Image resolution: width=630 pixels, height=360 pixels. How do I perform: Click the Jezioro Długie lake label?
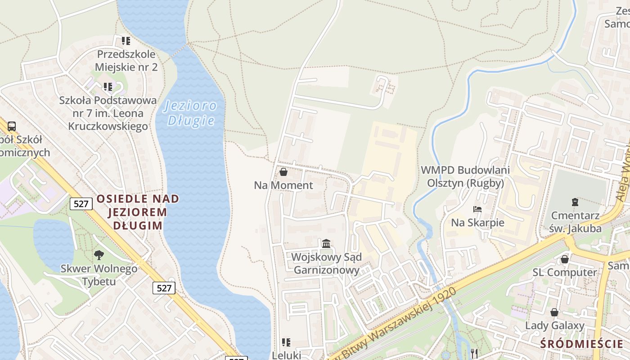190,113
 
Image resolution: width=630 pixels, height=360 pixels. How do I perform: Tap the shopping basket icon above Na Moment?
283,172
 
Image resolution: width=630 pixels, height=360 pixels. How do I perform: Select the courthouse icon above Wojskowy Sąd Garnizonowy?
326,244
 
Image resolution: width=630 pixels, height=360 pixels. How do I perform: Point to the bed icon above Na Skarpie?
477,209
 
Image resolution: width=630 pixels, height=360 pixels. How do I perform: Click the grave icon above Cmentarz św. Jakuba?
575,202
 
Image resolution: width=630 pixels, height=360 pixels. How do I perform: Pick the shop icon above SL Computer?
564,259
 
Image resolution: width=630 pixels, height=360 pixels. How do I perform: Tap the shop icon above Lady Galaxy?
554,312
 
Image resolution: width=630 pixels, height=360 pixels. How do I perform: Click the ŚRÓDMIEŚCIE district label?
581,344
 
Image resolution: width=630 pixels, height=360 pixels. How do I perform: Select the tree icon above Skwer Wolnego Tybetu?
99,255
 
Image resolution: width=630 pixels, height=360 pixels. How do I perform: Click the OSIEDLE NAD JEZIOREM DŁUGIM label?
137,212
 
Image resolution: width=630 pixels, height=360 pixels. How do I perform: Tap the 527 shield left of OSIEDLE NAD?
81,204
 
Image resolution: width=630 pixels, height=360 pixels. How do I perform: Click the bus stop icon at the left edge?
12,126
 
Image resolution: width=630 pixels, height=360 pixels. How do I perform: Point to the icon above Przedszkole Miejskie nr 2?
126,41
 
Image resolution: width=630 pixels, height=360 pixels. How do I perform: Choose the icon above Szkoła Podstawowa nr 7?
108,86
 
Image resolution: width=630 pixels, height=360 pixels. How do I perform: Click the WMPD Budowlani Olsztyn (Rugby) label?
465,176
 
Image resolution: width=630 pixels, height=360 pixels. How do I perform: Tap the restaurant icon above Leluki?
286,342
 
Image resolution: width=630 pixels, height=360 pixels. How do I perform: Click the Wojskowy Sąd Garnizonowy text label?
326,264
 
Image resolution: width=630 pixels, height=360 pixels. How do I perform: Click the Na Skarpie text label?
477,223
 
